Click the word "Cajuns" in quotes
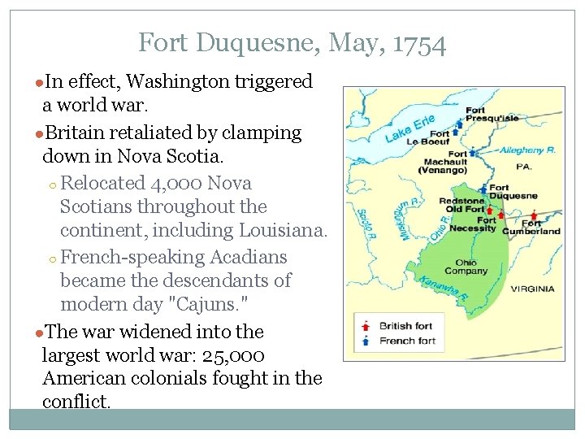tap(201, 304)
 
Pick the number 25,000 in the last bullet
tap(234, 355)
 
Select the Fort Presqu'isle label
tap(492, 114)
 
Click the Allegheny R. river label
tap(526, 150)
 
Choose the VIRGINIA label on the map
tap(532, 289)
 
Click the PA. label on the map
tap(523, 167)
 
